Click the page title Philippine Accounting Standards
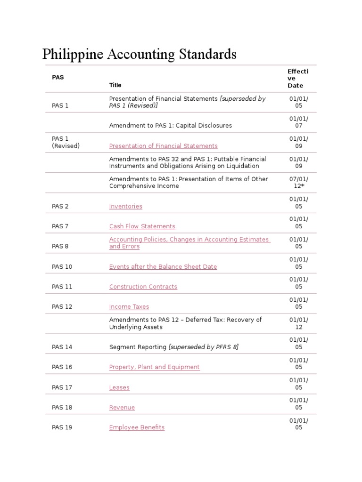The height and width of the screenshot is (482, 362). point(139,55)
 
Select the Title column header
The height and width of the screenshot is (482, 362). point(115,85)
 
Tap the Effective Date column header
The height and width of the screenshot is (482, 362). point(298,78)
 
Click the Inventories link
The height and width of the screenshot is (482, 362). point(125,206)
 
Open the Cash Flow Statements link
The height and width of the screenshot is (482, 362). point(142,226)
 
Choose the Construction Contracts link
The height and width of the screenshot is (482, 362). point(143,287)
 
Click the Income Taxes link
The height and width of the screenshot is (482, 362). point(129,307)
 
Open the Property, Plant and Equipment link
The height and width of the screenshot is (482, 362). point(154,367)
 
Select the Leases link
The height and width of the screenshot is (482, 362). point(119,387)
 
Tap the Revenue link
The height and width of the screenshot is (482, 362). point(122,408)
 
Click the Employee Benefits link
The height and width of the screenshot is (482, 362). point(137,427)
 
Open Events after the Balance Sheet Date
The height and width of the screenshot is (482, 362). point(163,266)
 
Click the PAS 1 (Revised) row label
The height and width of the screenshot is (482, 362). point(66,142)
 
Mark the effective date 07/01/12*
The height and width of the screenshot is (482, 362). point(298,182)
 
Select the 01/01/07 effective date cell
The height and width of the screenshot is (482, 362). point(298,122)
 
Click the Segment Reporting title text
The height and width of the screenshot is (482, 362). point(173,347)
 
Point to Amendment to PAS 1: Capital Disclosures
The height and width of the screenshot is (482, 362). point(170,126)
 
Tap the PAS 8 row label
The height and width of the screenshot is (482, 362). point(60,246)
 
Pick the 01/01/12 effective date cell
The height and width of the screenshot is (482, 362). point(298,323)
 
